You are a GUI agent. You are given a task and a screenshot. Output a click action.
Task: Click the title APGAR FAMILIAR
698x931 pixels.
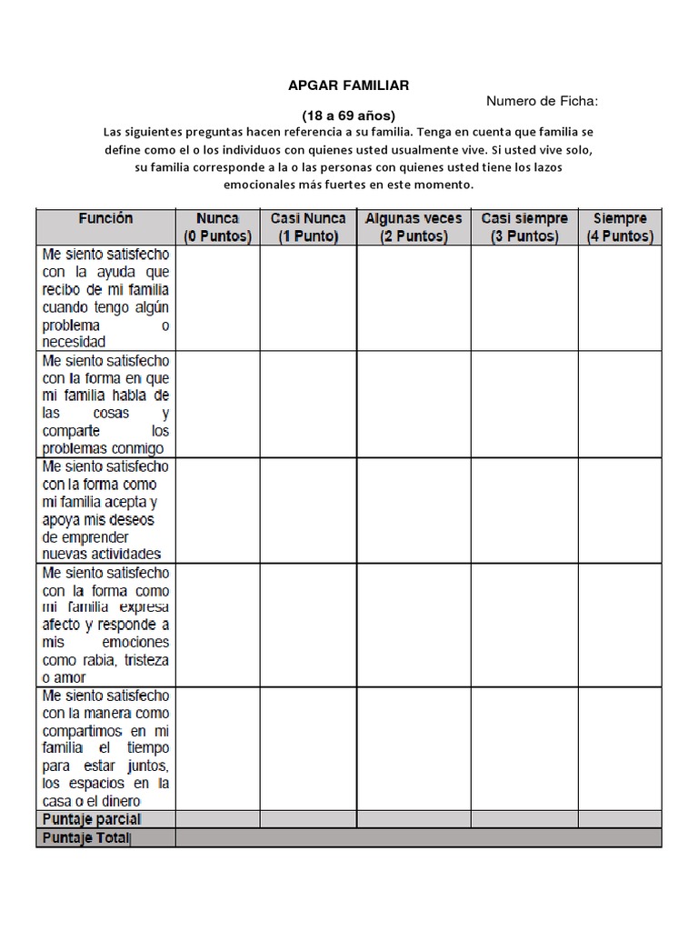tap(349, 85)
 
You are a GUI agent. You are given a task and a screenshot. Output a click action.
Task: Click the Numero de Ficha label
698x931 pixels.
tap(543, 101)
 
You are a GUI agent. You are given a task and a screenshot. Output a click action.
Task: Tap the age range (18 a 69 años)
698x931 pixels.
tap(349, 116)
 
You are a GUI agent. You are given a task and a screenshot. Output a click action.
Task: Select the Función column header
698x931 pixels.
tap(105, 218)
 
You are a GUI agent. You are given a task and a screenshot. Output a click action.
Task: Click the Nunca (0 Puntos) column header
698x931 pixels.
tap(217, 227)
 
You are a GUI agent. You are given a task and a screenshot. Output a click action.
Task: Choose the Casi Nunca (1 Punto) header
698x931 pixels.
tap(308, 227)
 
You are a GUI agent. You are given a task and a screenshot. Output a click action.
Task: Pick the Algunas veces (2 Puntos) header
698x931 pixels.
tap(414, 227)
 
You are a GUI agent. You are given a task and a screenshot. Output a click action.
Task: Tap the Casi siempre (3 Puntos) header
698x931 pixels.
tap(524, 227)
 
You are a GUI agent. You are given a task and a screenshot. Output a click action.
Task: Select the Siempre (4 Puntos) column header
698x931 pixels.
tap(620, 227)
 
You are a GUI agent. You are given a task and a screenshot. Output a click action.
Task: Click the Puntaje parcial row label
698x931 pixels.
tap(91, 819)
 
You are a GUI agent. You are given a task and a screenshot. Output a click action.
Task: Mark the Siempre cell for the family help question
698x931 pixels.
tap(620, 298)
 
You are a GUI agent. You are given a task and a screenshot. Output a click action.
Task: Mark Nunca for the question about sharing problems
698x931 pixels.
tap(217, 404)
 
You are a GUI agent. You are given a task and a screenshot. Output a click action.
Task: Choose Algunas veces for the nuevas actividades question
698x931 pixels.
tap(414, 509)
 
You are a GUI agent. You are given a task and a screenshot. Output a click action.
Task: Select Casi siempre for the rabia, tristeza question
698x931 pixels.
tap(524, 624)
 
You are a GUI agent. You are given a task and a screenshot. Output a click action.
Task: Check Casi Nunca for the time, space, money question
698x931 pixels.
tap(308, 747)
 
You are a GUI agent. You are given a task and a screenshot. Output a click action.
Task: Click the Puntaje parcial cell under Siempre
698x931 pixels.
tap(620, 819)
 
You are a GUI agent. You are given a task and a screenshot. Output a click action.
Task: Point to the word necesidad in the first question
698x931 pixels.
tap(74, 342)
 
